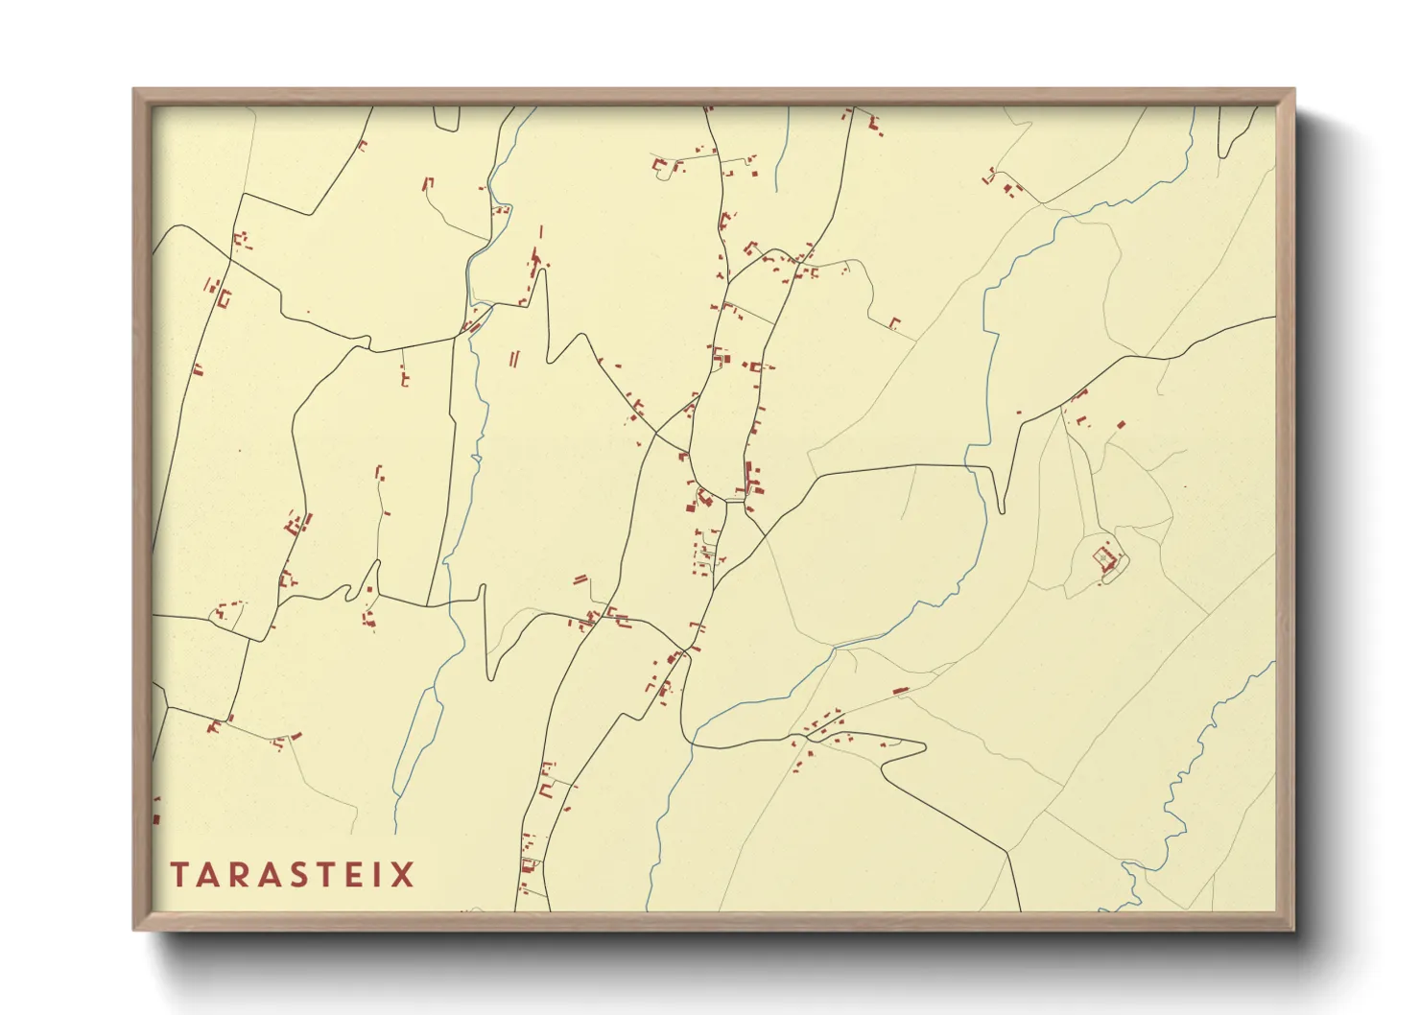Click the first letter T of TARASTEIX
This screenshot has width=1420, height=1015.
[179, 875]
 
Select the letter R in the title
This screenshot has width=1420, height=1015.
[240, 875]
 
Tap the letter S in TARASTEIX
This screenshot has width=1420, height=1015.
[302, 875]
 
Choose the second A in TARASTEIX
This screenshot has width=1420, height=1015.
[272, 875]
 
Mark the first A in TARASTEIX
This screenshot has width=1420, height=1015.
[209, 875]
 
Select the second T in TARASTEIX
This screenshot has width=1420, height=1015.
[330, 875]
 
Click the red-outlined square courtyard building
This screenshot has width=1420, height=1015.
[1106, 557]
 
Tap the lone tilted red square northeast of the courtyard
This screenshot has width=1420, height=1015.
[1122, 424]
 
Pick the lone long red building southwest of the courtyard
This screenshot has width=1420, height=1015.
[900, 690]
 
